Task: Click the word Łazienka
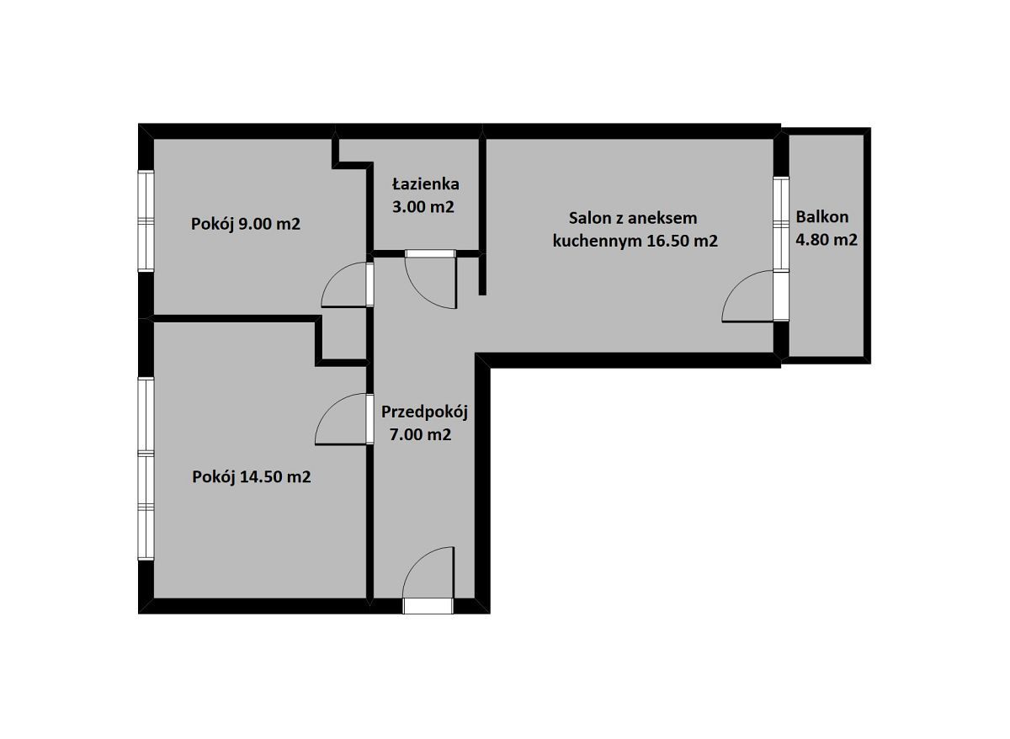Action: click(x=426, y=184)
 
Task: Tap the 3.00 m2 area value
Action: click(x=423, y=207)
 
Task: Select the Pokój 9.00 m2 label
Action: click(x=245, y=224)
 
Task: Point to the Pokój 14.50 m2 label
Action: click(x=251, y=476)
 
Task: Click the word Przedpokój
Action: click(x=425, y=412)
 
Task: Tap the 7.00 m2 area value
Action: click(x=420, y=434)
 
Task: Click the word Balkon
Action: click(x=822, y=217)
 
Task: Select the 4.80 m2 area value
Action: click(x=826, y=240)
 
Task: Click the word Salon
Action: click(x=587, y=218)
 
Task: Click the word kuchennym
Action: click(x=598, y=242)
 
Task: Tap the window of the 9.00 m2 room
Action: click(x=146, y=221)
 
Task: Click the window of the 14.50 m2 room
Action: click(x=146, y=469)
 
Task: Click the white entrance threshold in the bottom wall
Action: click(x=428, y=606)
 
